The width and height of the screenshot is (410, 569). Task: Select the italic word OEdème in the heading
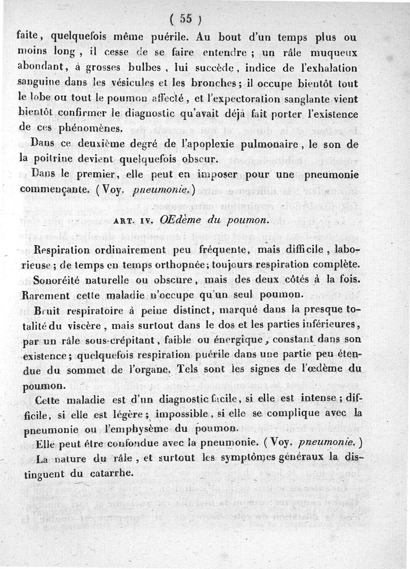click(x=179, y=220)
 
